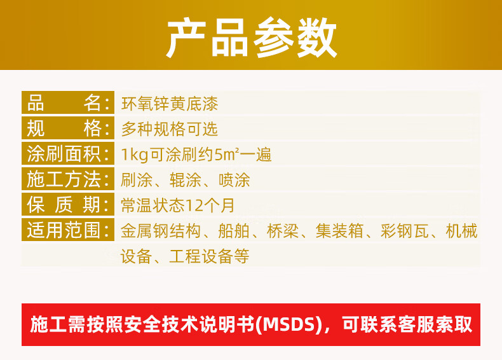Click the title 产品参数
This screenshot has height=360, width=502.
(x=252, y=37)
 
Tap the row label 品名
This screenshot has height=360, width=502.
(x=68, y=103)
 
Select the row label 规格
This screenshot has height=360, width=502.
(x=68, y=128)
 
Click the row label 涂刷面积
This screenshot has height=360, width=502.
(x=68, y=154)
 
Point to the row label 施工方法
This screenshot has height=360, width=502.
(x=68, y=179)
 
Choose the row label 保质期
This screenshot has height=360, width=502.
(x=68, y=205)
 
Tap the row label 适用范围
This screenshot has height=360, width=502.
(x=68, y=230)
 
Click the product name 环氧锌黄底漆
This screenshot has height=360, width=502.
(x=170, y=104)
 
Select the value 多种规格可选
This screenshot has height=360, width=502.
(x=170, y=129)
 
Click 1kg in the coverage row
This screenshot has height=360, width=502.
(x=135, y=155)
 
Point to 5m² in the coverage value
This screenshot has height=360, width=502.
(x=227, y=154)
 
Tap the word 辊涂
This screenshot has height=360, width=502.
(x=186, y=180)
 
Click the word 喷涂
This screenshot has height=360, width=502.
(x=234, y=180)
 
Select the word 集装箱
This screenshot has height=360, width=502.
(x=340, y=231)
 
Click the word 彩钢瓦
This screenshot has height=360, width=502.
(x=405, y=231)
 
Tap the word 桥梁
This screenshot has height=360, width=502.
(x=283, y=231)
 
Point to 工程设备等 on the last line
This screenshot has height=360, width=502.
(x=209, y=256)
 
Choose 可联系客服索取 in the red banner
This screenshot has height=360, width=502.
(x=407, y=324)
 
